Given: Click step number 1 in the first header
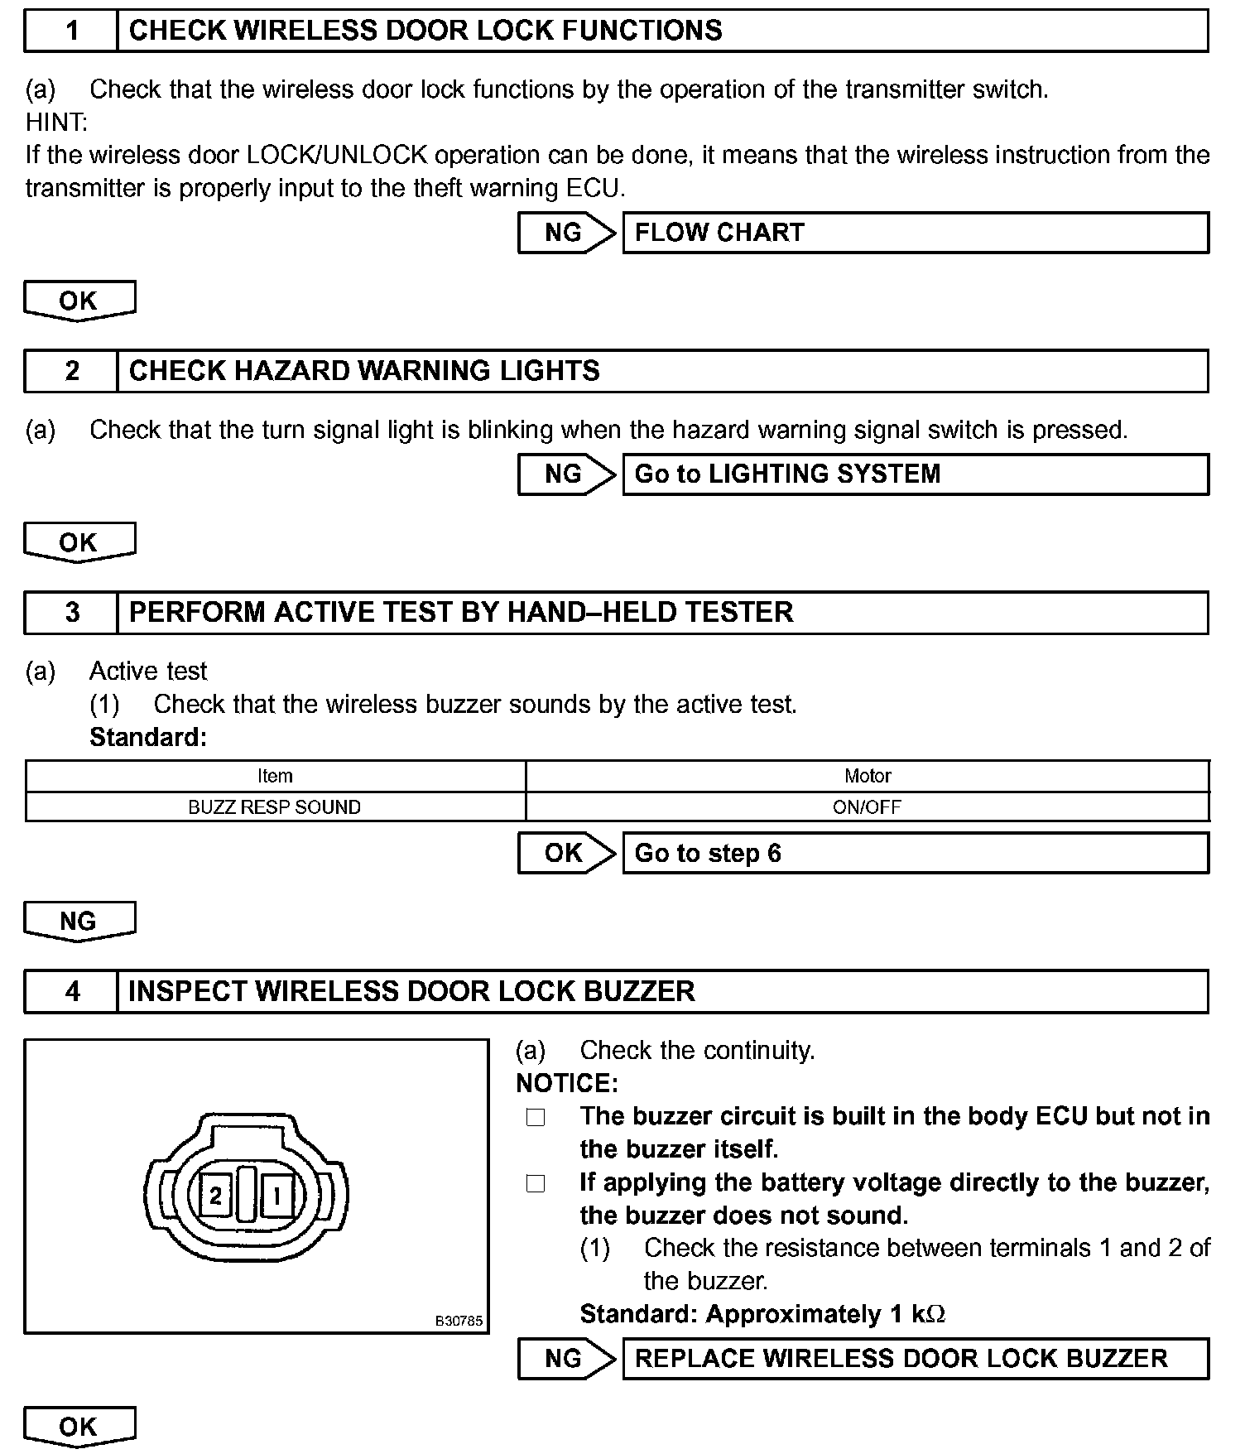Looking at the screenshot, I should [72, 31].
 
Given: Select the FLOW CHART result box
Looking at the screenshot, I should [915, 233].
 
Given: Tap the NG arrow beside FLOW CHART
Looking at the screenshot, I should [565, 233].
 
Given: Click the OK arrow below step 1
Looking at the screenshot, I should [79, 300].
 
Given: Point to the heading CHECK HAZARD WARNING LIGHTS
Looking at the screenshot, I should [364, 370].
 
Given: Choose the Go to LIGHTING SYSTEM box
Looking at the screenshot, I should [915, 474].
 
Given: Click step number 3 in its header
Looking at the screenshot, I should [72, 612].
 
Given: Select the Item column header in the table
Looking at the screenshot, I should [275, 776].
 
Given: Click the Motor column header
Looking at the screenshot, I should [868, 776].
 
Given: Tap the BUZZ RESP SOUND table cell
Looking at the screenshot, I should [275, 807].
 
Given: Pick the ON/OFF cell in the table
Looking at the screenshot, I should [868, 807].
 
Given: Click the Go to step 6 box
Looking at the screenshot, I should [915, 853].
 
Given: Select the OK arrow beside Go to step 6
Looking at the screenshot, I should [565, 853].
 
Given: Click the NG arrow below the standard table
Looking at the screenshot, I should [79, 921].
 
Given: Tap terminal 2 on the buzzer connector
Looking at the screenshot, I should [216, 1196].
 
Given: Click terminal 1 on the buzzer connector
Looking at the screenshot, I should [277, 1196].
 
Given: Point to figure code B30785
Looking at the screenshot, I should [459, 1321].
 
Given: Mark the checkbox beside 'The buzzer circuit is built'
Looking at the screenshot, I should [536, 1118].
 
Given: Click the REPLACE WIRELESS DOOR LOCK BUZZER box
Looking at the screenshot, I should [915, 1359].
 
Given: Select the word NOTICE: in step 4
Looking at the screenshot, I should [567, 1083].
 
